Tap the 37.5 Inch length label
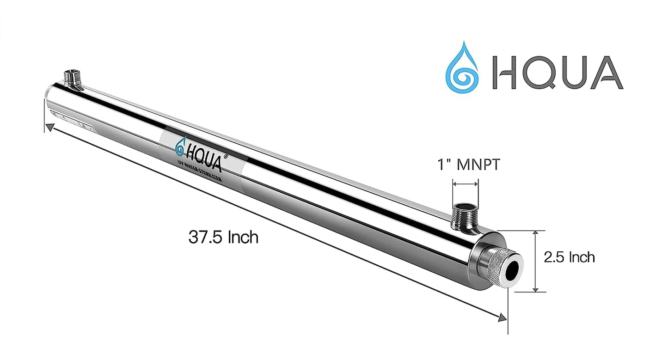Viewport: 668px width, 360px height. tap(223, 237)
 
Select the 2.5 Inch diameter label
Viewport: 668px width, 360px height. tap(569, 257)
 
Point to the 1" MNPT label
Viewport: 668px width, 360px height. tap(468, 165)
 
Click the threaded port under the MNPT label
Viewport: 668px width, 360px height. tap(465, 214)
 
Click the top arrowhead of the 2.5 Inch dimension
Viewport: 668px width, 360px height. tap(535, 233)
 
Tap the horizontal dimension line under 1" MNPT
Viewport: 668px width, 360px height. tap(466, 184)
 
